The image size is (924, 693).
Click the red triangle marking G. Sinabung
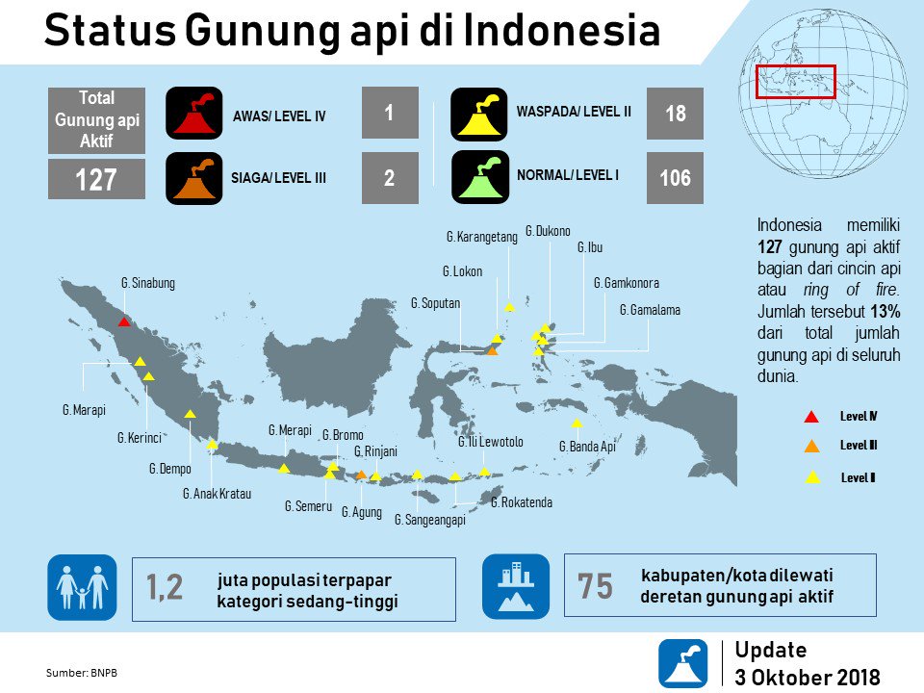[x=123, y=321]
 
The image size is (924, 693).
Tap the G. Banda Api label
[x=586, y=447]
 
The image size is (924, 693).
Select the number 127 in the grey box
[x=96, y=179]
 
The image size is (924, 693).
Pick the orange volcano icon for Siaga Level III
[x=194, y=178]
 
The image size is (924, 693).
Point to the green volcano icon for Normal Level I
[x=478, y=177]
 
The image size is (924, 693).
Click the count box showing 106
[x=675, y=178]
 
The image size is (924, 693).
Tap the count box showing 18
[x=675, y=114]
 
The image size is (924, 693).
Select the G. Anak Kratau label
[x=217, y=494]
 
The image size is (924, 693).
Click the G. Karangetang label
[x=482, y=237]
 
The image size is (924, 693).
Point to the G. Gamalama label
[x=650, y=310]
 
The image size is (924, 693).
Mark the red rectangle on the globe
[x=796, y=81]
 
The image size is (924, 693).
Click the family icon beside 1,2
[x=82, y=587]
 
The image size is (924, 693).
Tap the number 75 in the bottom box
[x=596, y=586]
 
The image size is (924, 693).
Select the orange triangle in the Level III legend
[x=811, y=446]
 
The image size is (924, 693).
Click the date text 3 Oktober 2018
[x=807, y=677]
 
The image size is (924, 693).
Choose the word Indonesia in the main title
[x=562, y=31]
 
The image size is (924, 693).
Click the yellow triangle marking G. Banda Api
[x=577, y=423]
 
